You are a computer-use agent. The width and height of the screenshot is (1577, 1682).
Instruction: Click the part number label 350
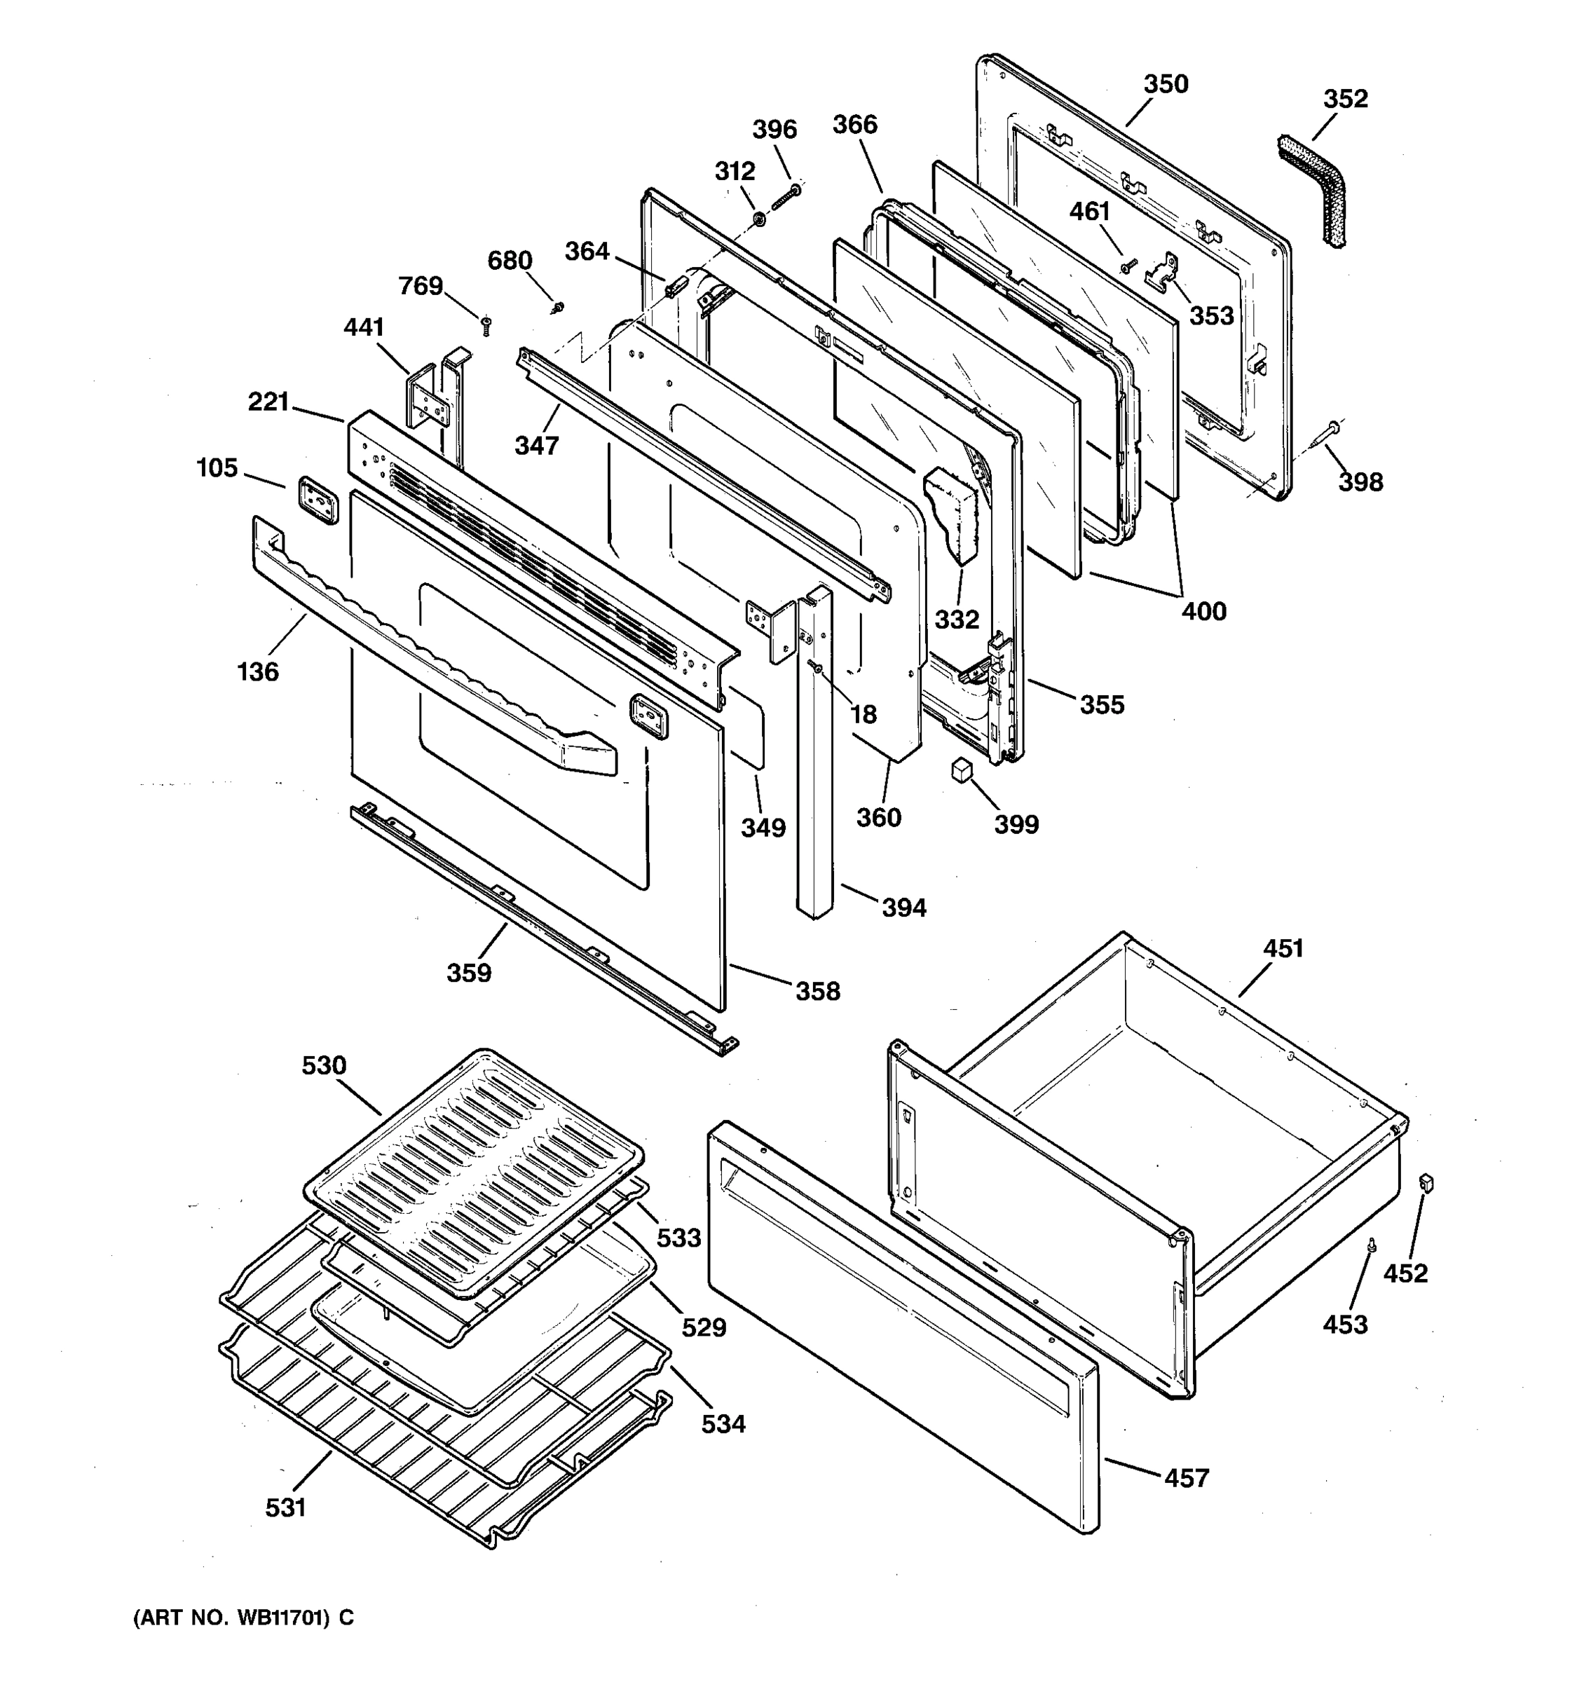coord(1166,85)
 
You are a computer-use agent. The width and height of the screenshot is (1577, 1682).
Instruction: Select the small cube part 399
coord(960,769)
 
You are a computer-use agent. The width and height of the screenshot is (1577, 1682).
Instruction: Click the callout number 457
coord(1187,1477)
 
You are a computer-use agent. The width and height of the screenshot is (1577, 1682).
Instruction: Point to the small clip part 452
coord(1426,1182)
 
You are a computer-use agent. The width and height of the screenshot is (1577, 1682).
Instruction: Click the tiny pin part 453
coord(1372,1244)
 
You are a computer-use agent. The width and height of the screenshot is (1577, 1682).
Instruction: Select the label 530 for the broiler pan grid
coord(324,1065)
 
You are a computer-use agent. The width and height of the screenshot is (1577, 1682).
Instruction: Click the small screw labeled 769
coord(486,325)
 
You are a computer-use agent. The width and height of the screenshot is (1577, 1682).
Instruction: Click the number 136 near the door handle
coord(258,672)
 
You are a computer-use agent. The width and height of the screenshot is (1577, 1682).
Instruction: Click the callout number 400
coord(1203,611)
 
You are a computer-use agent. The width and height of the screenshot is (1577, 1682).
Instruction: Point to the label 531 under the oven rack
coord(285,1507)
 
